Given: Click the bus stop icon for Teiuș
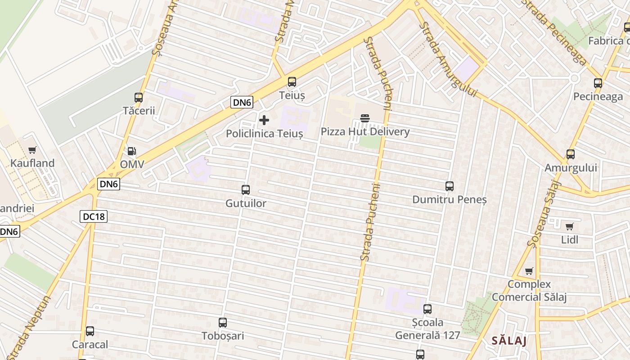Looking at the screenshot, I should coord(292,82).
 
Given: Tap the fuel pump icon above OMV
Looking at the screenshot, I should coord(131,151).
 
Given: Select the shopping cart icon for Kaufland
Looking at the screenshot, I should coord(32,150).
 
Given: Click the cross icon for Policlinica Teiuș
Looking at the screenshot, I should coord(264,120).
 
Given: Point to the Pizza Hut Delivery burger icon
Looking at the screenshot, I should coord(365,118).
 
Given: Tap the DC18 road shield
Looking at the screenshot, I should coord(94,216).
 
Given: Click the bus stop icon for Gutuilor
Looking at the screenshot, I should coord(246,190).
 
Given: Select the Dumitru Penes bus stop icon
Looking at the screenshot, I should coord(449,186).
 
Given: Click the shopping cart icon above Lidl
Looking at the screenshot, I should coord(570,226).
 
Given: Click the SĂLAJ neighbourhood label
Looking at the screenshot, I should coord(509,340).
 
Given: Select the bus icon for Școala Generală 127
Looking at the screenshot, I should coord(427,309).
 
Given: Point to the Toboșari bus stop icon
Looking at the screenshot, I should coord(223,323).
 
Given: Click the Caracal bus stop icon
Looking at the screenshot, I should coord(90,331).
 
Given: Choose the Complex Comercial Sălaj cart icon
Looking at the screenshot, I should coord(529,271).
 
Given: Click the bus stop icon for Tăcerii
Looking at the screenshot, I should coord(139,97).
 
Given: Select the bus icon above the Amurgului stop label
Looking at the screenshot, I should coord(571,154).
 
